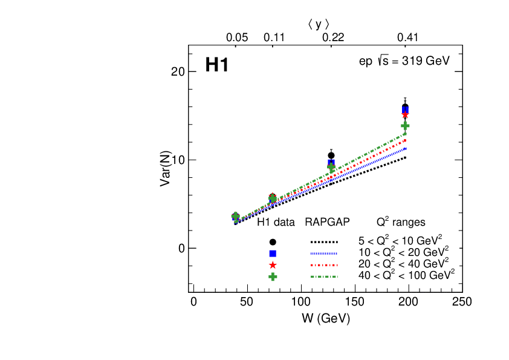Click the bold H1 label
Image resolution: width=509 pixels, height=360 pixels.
(x=216, y=65)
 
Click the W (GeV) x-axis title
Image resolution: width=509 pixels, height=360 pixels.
(x=327, y=318)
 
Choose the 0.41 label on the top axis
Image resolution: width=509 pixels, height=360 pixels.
(x=408, y=38)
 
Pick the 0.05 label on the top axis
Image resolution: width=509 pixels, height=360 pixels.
(x=237, y=38)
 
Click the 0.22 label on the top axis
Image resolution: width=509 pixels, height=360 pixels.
(x=332, y=38)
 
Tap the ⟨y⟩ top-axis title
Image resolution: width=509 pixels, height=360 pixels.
(x=319, y=24)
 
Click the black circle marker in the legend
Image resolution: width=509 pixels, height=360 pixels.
(x=273, y=242)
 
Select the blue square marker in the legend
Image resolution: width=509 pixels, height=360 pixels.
(x=273, y=254)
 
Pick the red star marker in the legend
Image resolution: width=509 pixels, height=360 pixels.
(x=273, y=265)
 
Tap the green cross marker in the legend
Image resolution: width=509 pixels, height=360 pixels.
(x=273, y=277)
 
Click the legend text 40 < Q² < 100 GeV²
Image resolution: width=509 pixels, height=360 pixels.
(x=406, y=275)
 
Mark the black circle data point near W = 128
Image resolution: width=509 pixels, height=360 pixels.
(x=331, y=155)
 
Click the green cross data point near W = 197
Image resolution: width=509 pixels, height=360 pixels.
(x=406, y=126)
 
